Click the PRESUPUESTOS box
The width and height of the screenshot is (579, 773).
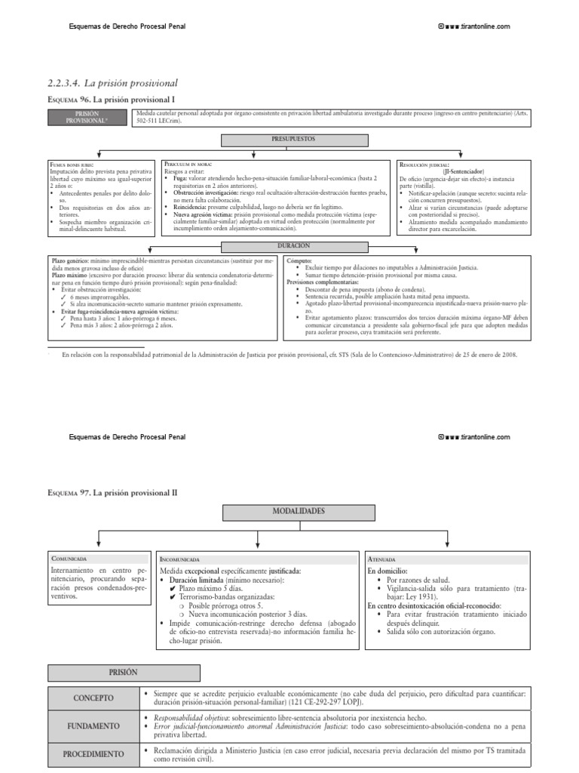(293, 140)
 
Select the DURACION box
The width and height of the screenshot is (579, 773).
(293, 247)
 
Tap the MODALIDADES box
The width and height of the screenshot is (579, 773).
(293, 512)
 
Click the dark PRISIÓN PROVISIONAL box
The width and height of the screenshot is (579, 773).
(87, 117)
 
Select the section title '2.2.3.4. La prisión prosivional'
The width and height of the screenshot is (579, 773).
(112, 82)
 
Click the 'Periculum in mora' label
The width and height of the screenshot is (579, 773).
(189, 163)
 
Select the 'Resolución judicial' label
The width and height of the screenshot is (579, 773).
(424, 164)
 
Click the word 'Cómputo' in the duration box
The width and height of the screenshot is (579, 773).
(300, 260)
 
